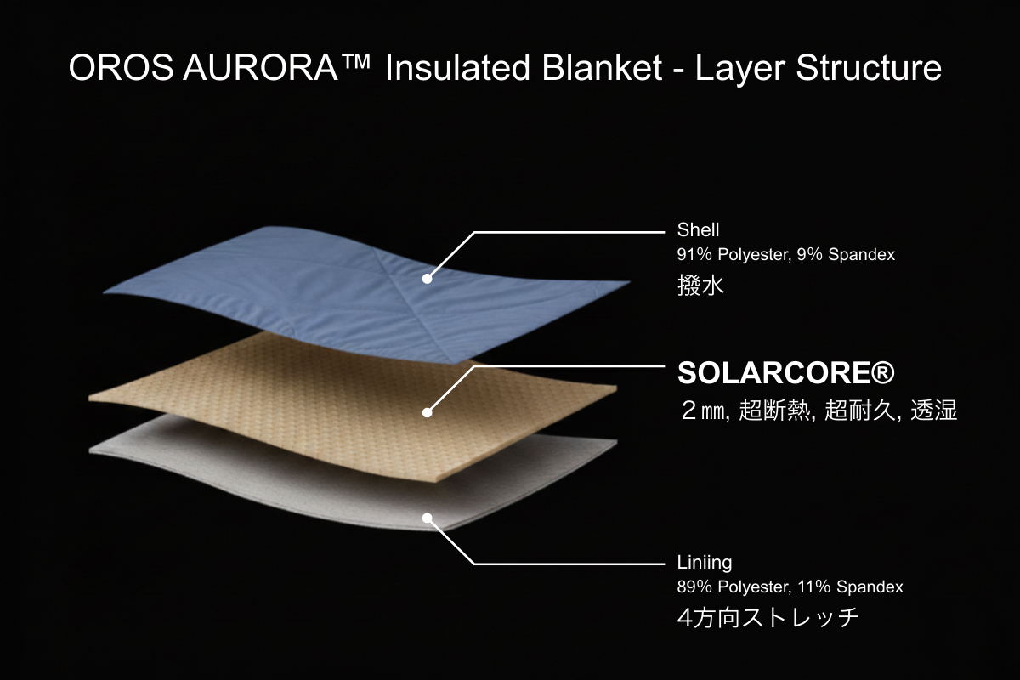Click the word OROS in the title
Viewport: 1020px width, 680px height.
point(121,68)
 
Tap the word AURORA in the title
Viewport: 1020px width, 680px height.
point(260,68)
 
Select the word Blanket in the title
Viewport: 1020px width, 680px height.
point(602,68)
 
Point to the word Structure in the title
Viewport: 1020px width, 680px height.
point(869,68)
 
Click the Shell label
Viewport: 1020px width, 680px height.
point(698,230)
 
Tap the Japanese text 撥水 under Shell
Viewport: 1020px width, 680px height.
point(700,286)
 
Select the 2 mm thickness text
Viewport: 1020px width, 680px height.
point(705,411)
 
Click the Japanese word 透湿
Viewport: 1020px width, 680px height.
point(934,410)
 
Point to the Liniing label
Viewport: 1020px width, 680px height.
point(705,563)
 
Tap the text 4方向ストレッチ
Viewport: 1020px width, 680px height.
point(768,618)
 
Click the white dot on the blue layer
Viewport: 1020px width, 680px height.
point(427,279)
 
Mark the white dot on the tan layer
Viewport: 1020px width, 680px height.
point(427,412)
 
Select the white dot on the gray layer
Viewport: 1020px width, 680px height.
point(427,518)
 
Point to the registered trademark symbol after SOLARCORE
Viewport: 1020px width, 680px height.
point(885,372)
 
